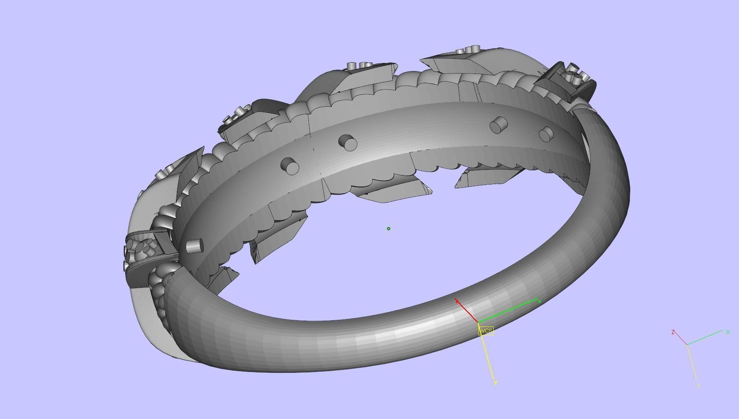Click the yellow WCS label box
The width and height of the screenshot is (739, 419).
point(486,331)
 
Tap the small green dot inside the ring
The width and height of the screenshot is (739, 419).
point(389,229)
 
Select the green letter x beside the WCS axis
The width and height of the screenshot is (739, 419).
point(539,301)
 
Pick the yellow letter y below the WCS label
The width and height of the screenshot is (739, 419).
point(496,382)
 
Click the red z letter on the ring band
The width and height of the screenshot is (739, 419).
point(457,301)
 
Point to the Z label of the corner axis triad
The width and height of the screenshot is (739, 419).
point(673,332)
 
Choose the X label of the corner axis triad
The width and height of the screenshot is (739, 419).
point(728,332)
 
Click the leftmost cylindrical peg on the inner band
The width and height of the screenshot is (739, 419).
point(194,246)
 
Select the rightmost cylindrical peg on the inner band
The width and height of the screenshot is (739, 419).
point(546,134)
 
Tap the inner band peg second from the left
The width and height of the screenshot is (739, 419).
point(289,166)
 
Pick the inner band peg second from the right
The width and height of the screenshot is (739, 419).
point(499,125)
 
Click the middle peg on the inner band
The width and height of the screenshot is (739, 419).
point(348,142)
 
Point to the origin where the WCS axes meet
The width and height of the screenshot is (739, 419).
point(479,323)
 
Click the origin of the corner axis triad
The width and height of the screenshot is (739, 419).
point(687,345)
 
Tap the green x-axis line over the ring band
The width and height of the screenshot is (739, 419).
point(508,311)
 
